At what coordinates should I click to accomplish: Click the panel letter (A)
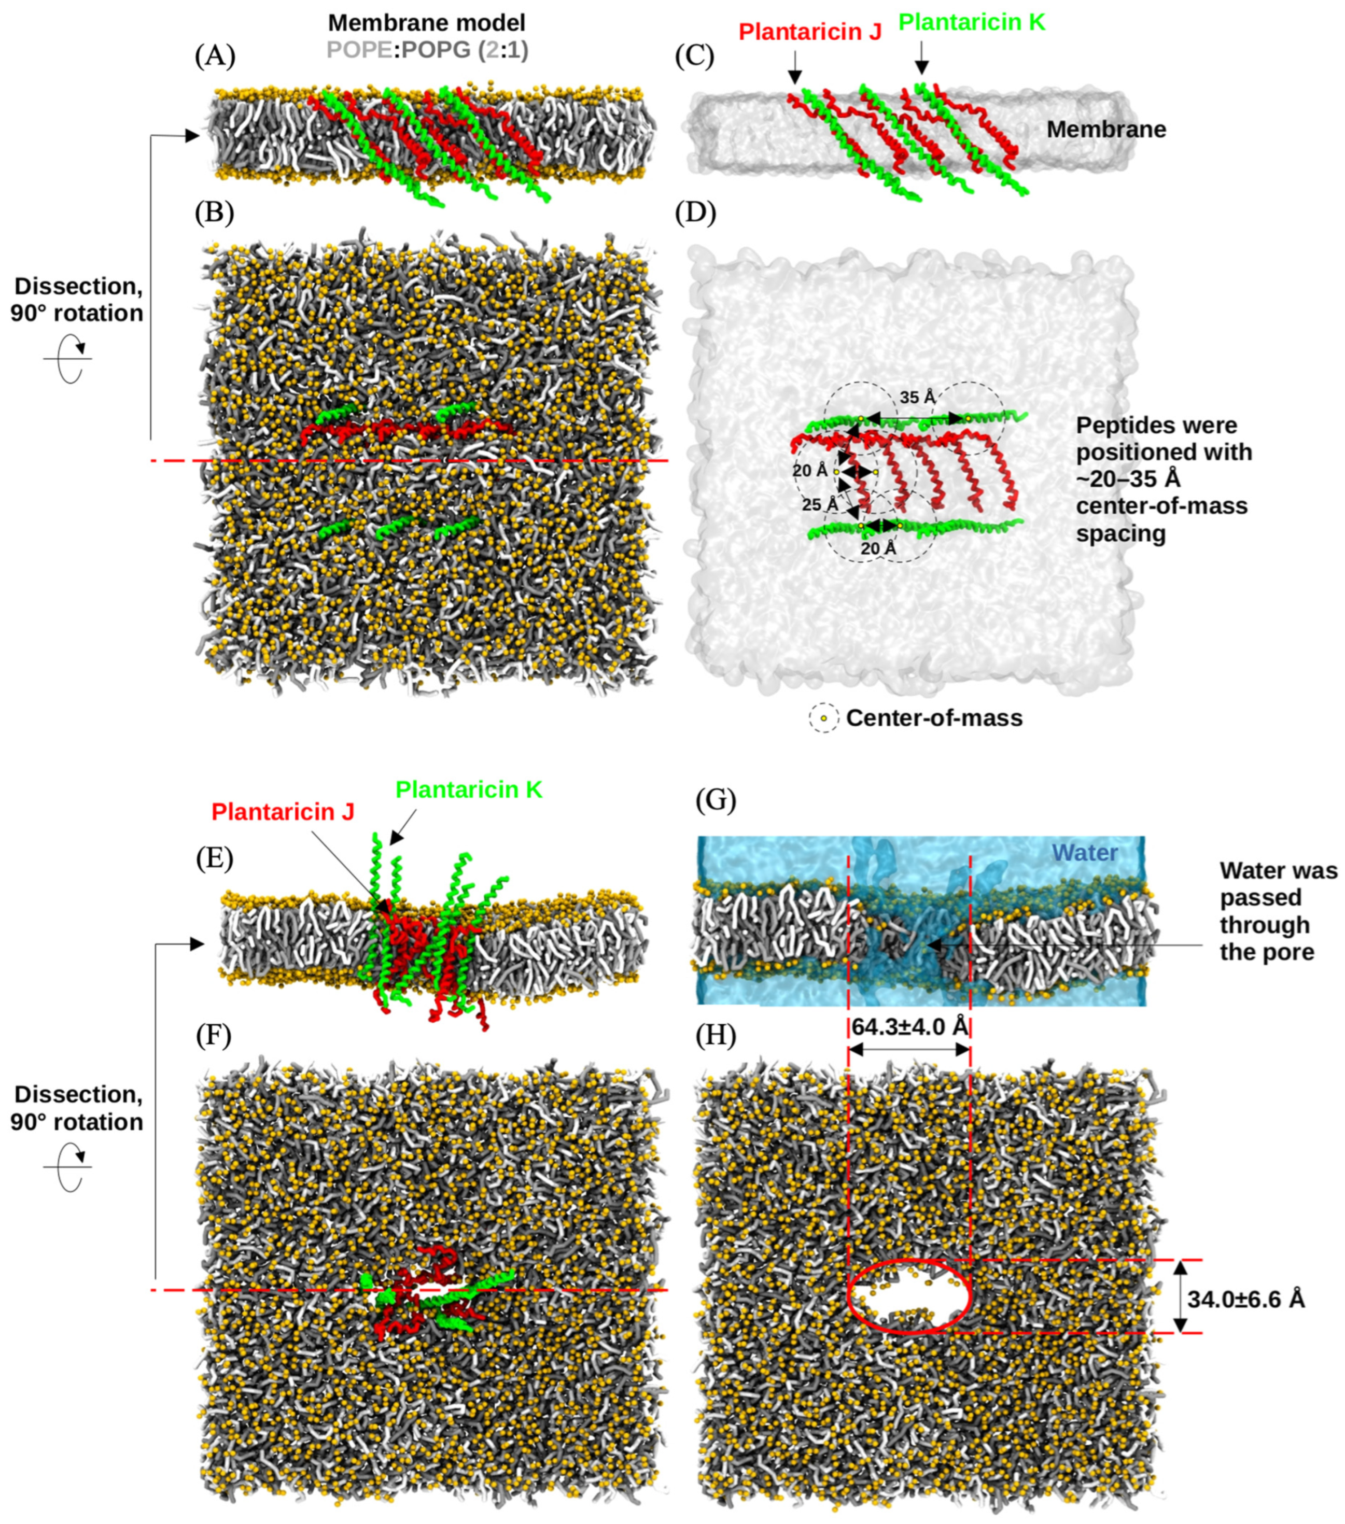(215, 57)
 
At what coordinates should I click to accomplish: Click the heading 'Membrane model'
(427, 22)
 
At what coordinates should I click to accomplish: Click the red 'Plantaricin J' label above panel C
(810, 32)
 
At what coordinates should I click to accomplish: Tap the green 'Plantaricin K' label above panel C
(971, 22)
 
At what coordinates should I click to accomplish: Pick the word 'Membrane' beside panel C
(1105, 130)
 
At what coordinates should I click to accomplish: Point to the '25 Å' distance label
(820, 505)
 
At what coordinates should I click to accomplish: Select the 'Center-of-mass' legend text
(934, 718)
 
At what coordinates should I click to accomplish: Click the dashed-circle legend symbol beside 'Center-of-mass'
(823, 718)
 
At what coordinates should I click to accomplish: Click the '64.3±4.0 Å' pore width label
(909, 1027)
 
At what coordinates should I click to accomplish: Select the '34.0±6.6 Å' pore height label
(1246, 1300)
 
